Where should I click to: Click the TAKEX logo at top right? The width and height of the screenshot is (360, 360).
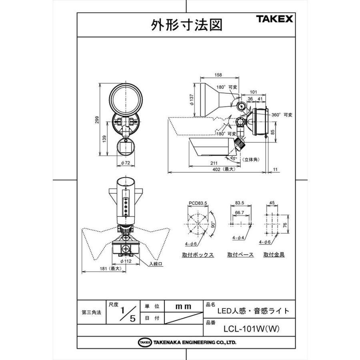point(274,19)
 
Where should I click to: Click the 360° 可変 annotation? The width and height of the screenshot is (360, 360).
point(282,115)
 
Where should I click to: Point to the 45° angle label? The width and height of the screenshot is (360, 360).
point(234,158)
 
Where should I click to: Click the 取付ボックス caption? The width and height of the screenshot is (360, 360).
point(198,255)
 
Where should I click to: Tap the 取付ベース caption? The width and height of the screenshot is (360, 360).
point(240,255)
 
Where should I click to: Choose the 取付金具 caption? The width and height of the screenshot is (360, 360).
point(274,254)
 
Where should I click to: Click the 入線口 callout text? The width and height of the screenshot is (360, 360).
point(156,264)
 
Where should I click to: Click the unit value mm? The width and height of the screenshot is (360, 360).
point(184,306)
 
